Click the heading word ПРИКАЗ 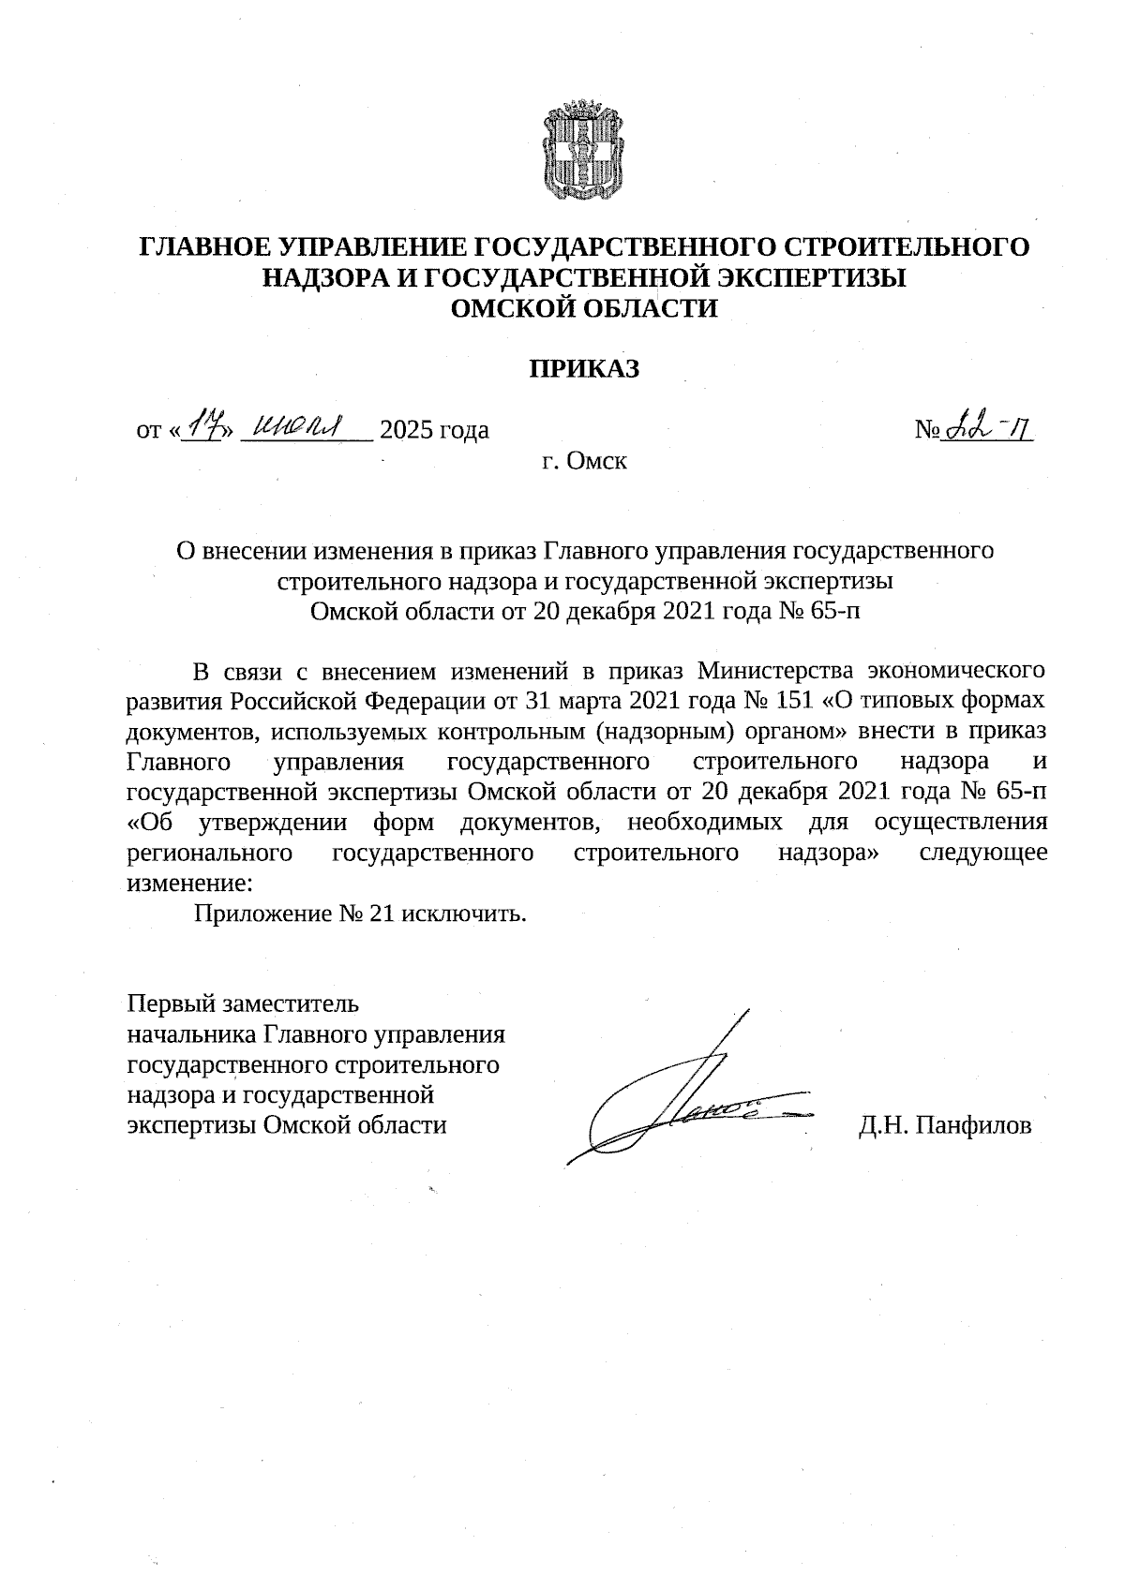[x=585, y=369]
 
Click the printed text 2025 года [x=435, y=431]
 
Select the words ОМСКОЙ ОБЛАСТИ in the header [x=585, y=308]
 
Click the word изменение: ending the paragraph [x=189, y=883]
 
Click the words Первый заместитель [x=243, y=1004]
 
